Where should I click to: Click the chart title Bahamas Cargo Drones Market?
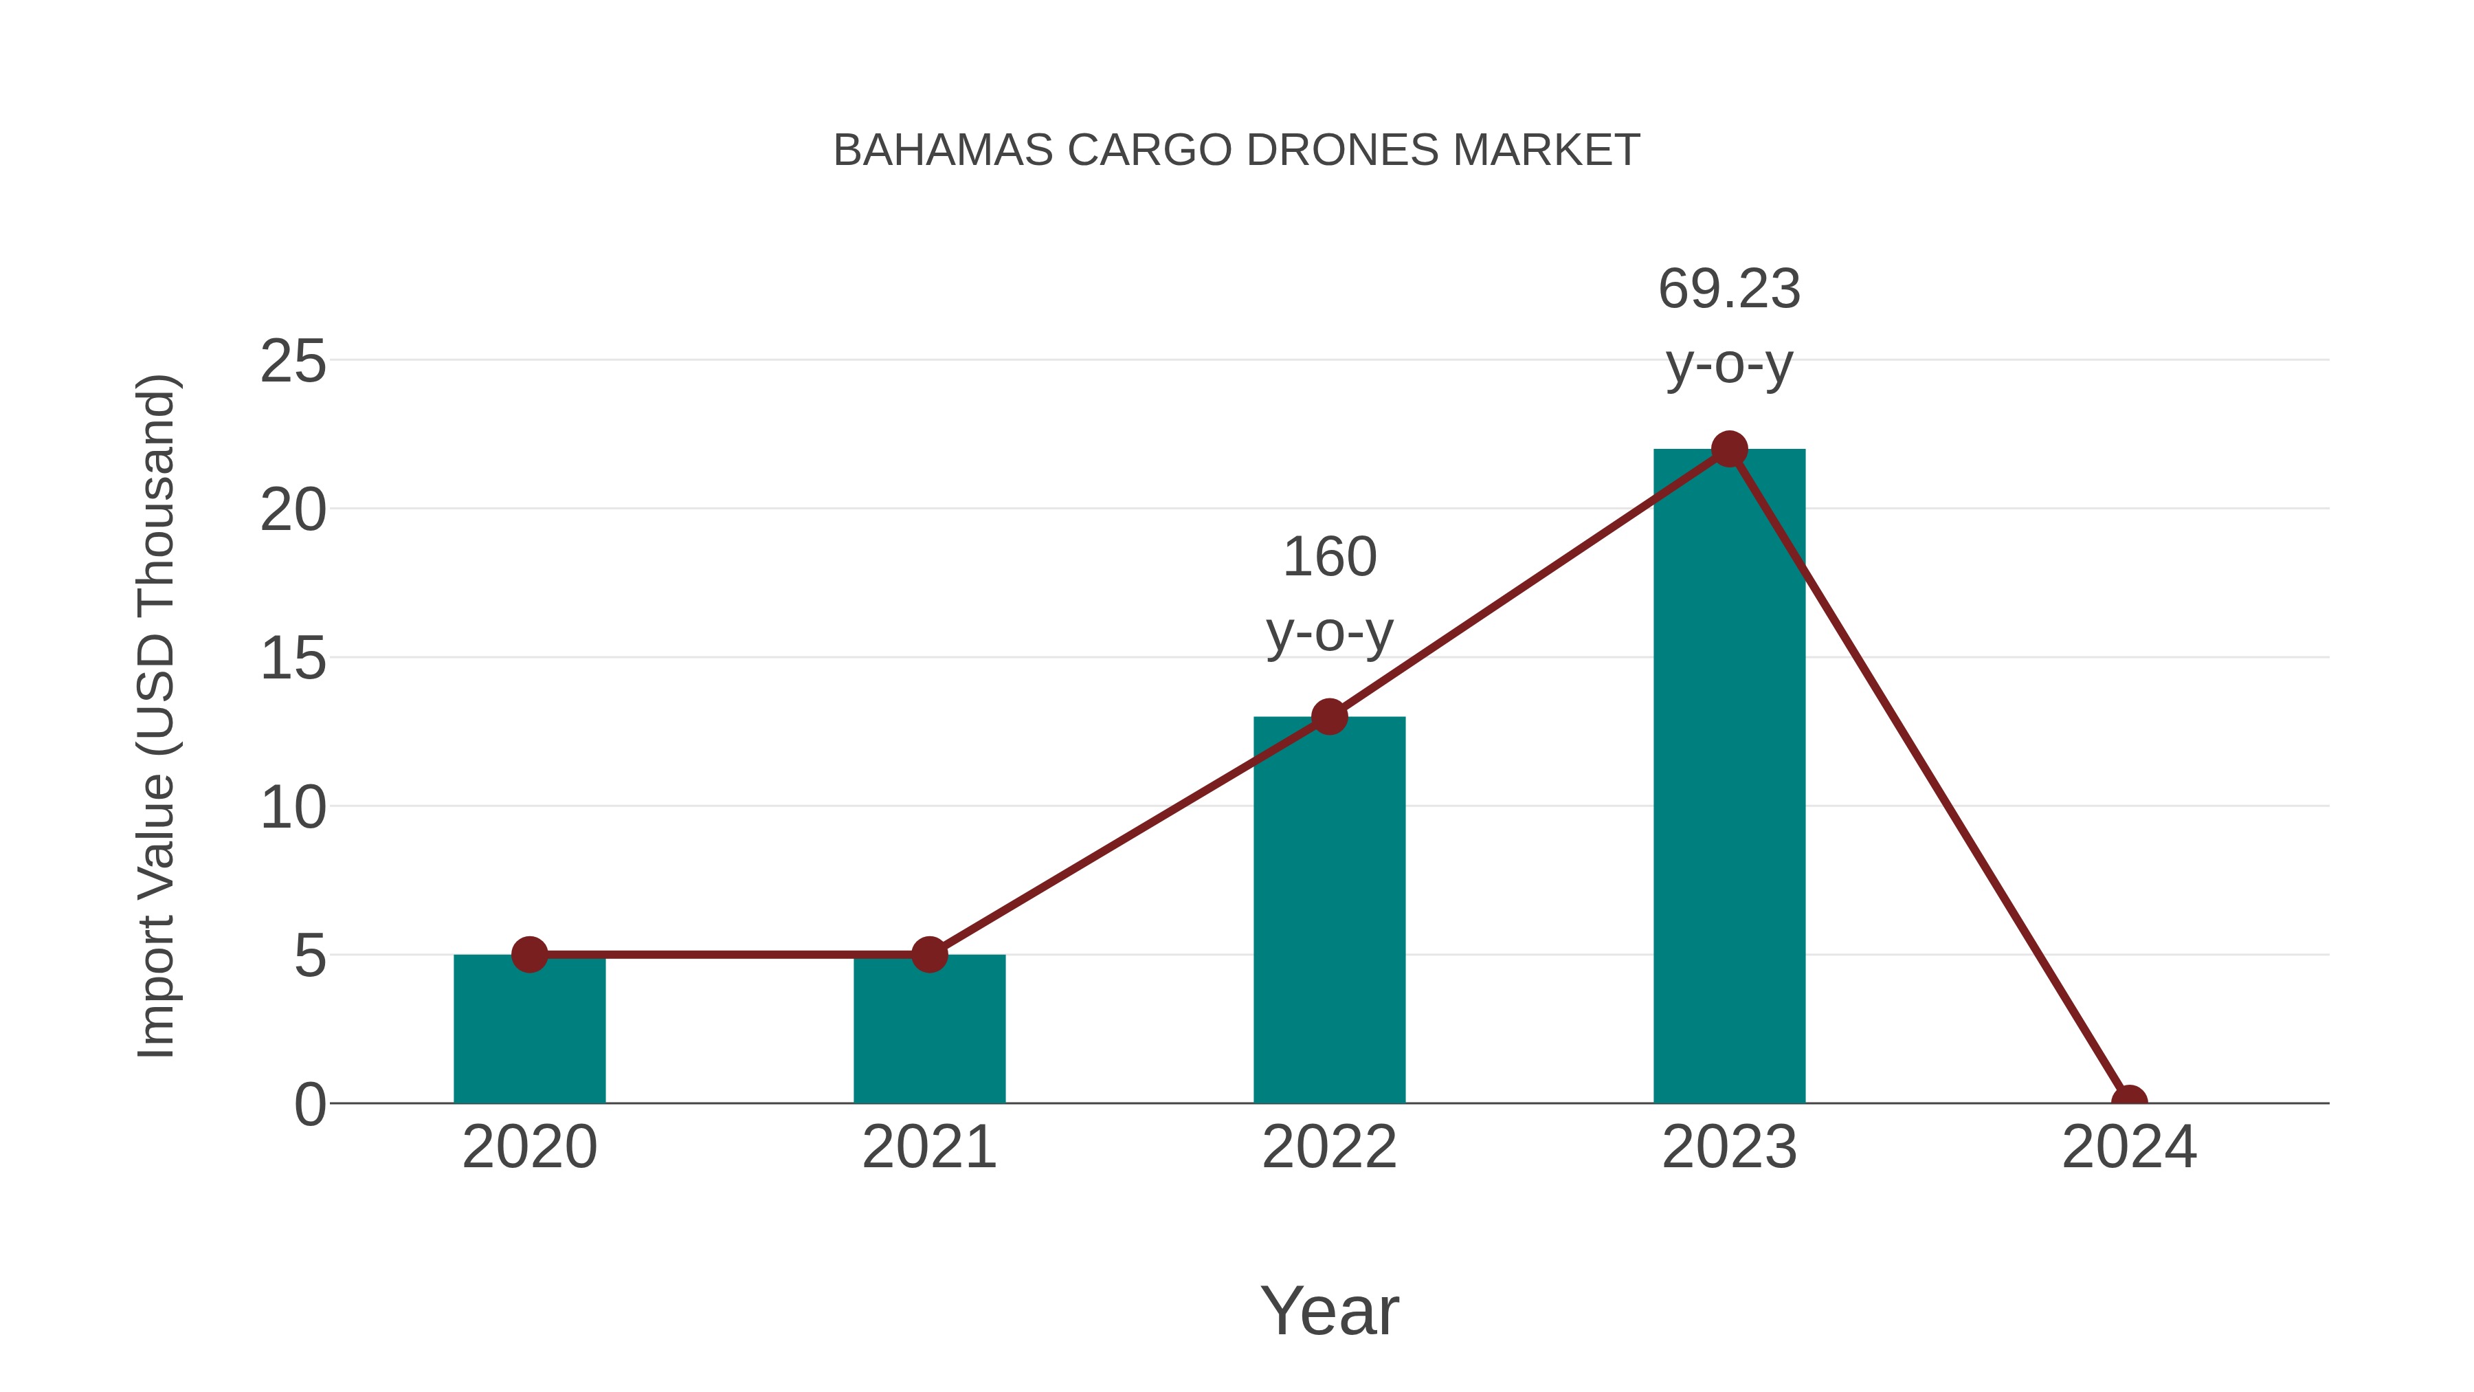click(1236, 151)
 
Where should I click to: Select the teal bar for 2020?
click(529, 1032)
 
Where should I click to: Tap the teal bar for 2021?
click(928, 1032)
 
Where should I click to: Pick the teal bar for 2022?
click(1329, 913)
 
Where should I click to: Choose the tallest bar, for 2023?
click(1729, 778)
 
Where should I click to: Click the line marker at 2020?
click(529, 955)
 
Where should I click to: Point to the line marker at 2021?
click(928, 955)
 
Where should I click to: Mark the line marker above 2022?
click(1329, 717)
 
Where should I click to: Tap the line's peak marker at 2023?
click(1729, 449)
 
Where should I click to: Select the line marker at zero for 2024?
click(2129, 1101)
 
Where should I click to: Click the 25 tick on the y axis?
click(293, 362)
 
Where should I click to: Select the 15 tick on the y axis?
click(293, 659)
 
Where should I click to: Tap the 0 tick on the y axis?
click(309, 1105)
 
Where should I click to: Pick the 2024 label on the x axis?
click(2129, 1147)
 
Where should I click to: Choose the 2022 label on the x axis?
click(1329, 1147)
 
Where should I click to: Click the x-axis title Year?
click(1329, 1310)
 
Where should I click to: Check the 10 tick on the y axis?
click(293, 808)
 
